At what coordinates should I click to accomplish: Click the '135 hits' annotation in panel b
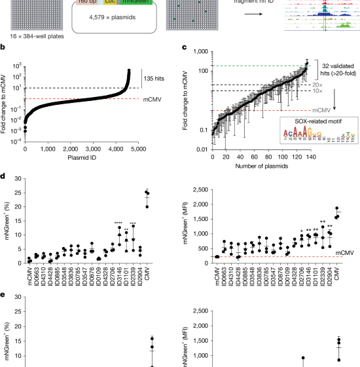[158, 76]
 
